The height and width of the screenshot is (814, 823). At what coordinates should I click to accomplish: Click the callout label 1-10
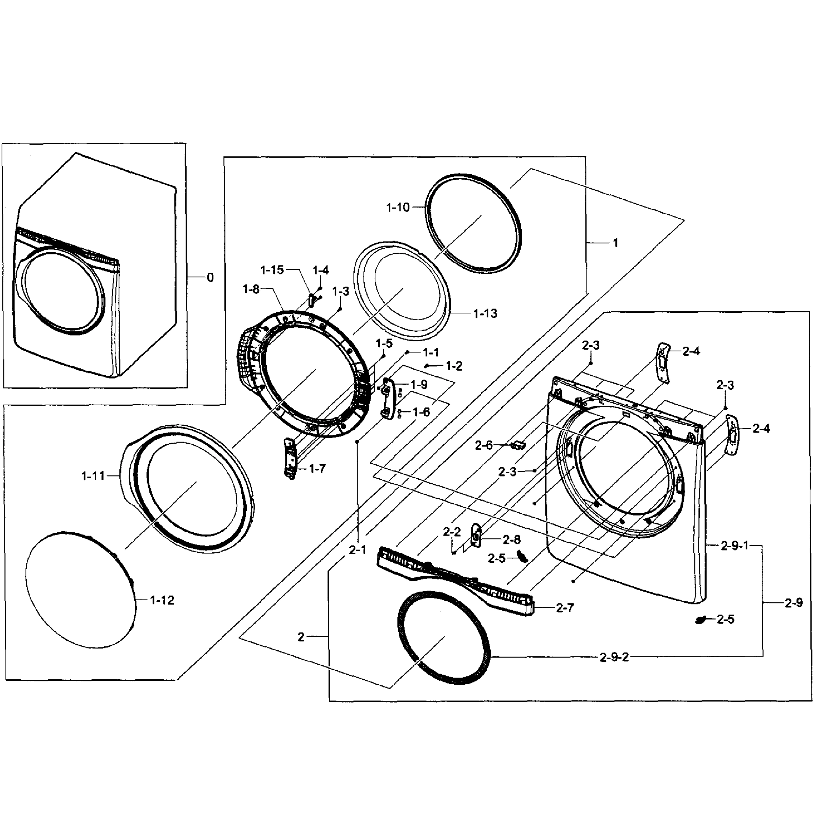(x=397, y=208)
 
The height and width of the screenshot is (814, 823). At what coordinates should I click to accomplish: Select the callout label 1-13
(x=485, y=314)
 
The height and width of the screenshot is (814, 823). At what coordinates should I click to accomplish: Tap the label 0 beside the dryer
(x=210, y=277)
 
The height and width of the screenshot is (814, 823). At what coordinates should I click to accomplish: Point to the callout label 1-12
(x=162, y=600)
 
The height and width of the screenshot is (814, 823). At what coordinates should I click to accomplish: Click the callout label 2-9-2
(x=614, y=657)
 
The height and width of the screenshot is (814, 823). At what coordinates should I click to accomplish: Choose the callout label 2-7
(x=565, y=608)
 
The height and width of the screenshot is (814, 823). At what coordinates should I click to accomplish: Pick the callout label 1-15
(x=272, y=270)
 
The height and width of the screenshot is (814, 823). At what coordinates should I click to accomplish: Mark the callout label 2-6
(x=484, y=445)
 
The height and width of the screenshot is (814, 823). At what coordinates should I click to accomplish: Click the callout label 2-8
(x=511, y=540)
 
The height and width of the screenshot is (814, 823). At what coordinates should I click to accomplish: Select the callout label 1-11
(x=93, y=476)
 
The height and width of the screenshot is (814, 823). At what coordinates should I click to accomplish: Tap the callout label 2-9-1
(x=734, y=545)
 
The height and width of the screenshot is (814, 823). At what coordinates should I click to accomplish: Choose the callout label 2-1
(x=357, y=550)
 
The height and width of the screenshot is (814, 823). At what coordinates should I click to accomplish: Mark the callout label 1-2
(x=454, y=366)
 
